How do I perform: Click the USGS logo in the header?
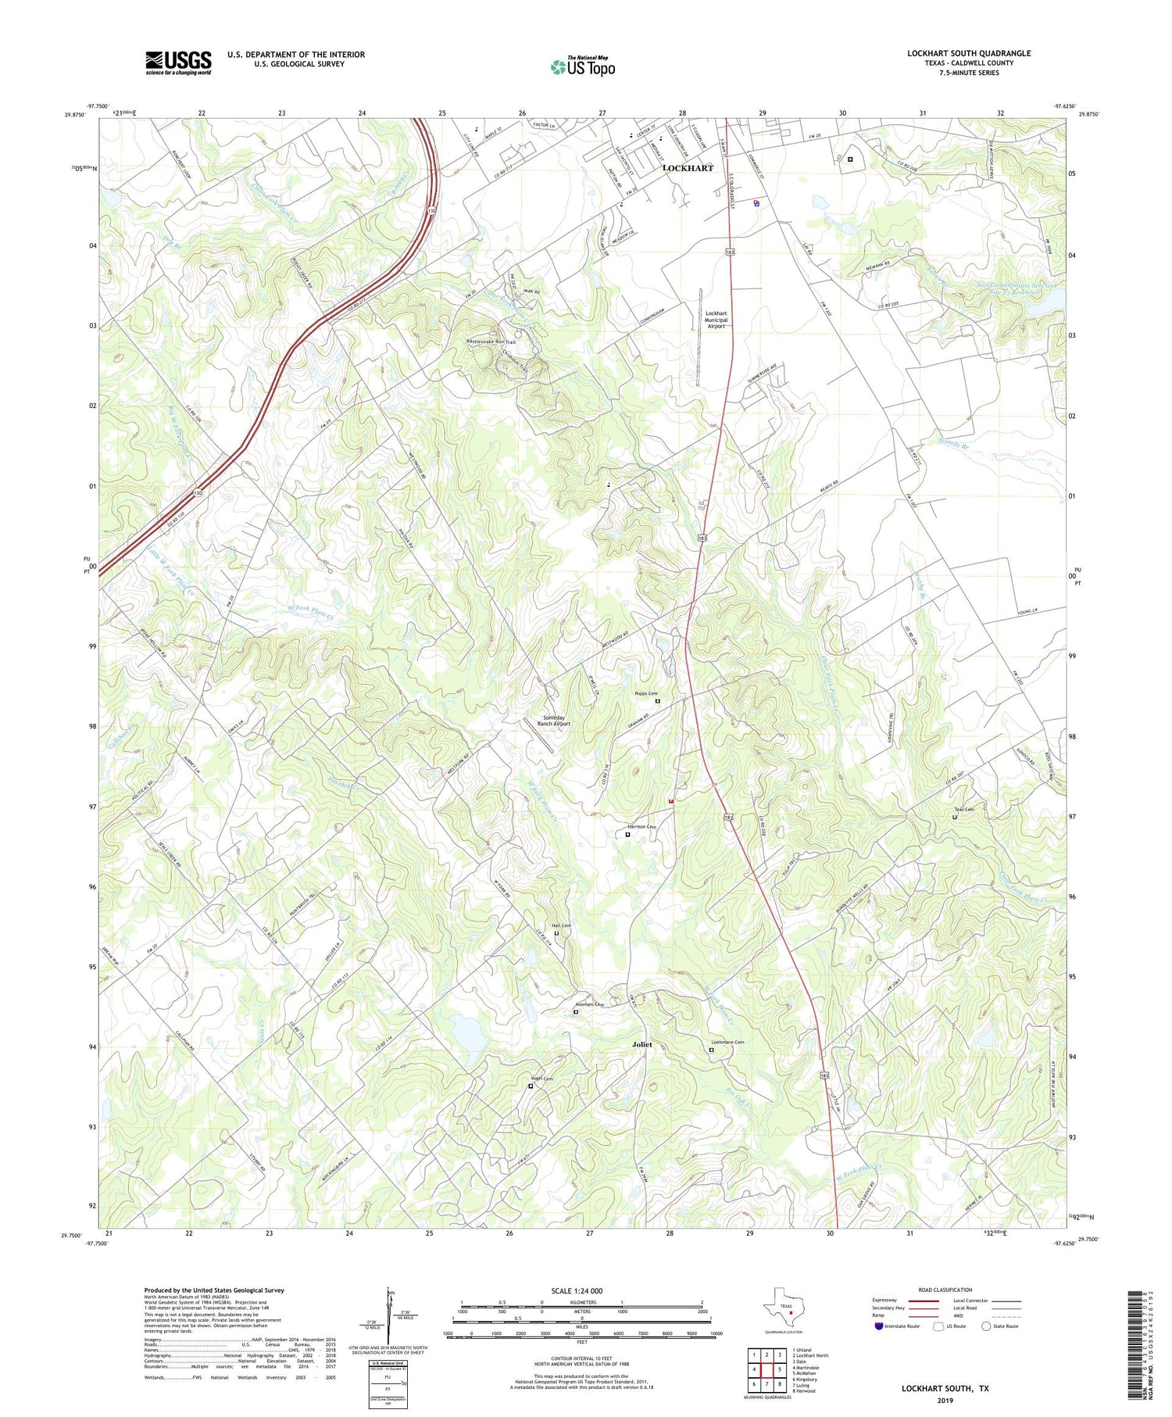178,63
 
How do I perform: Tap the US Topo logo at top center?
583,66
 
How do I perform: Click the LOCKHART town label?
688,168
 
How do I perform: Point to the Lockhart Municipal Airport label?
715,320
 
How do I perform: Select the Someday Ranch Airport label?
553,721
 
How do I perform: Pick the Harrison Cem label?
641,827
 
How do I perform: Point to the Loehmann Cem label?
727,1043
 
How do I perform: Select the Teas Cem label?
963,810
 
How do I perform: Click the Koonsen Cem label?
589,1004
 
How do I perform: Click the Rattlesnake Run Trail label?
491,342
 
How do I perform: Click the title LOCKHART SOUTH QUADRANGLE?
969,53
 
